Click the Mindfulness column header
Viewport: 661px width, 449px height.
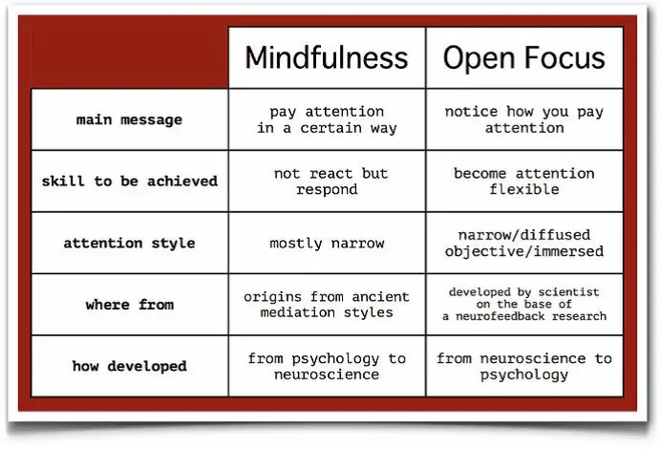click(x=327, y=57)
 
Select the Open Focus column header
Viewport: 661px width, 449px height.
click(x=524, y=57)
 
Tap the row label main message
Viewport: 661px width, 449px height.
click(x=129, y=119)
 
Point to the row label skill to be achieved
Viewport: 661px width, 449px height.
click(x=129, y=182)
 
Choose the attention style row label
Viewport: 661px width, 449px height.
click(x=129, y=244)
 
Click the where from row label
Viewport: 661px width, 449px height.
click(x=129, y=305)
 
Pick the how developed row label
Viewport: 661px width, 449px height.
click(x=129, y=366)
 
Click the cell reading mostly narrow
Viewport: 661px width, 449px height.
click(x=327, y=244)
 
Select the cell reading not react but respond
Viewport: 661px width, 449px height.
click(x=327, y=182)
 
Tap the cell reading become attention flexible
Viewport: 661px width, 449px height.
click(x=524, y=182)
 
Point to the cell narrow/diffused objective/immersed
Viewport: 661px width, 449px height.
click(x=524, y=244)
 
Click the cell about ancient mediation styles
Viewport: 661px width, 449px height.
click(x=327, y=305)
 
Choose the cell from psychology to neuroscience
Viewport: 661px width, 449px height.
click(x=327, y=366)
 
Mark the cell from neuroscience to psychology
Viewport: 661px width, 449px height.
click(x=524, y=366)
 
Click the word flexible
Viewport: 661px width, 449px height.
click(x=524, y=190)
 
